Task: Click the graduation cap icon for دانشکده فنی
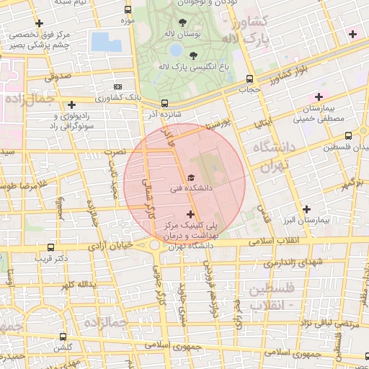pyautogui.click(x=190, y=177)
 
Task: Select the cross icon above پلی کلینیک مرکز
pyautogui.click(x=190, y=213)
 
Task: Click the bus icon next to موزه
pyautogui.click(x=128, y=10)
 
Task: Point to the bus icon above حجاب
pyautogui.click(x=249, y=79)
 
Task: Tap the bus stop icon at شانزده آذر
pyautogui.click(x=165, y=103)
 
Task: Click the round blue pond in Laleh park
pyautogui.click(x=176, y=50)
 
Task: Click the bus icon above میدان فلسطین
pyautogui.click(x=348, y=135)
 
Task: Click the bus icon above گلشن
pyautogui.click(x=64, y=336)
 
